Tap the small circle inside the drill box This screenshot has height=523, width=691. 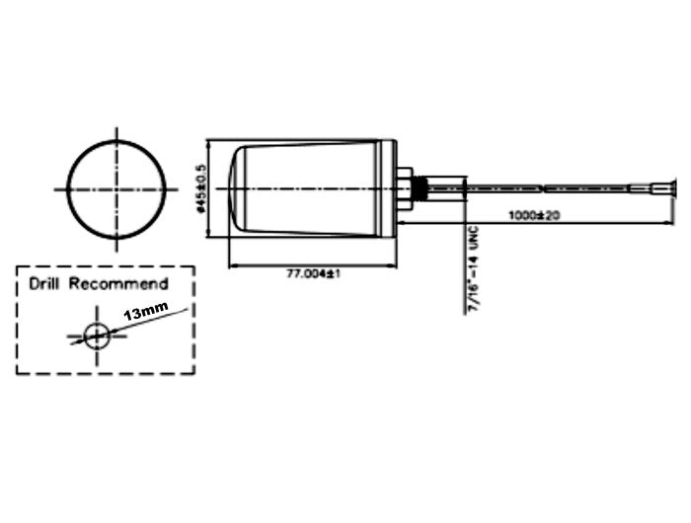point(96,336)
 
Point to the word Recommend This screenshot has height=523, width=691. point(118,284)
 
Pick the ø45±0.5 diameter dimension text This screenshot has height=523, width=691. point(200,187)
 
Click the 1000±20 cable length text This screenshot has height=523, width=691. point(533,215)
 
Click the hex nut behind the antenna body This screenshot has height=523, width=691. point(404,188)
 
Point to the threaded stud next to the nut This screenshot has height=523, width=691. point(419,187)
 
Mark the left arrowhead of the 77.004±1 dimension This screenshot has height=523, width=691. point(232,264)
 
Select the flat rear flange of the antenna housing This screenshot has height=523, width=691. point(389,187)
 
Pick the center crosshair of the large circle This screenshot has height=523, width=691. point(116,188)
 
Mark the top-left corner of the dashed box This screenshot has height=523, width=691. point(17,266)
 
